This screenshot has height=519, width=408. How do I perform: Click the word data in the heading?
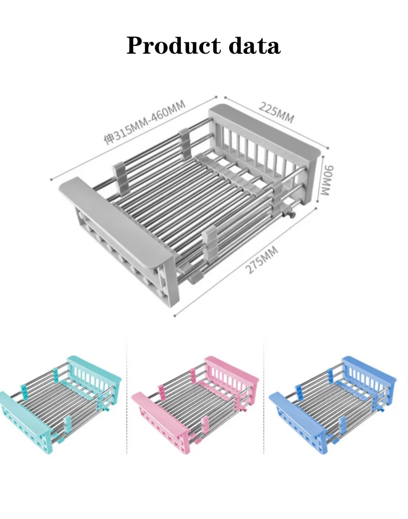point(255,45)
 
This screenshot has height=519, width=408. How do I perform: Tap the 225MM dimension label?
point(276,112)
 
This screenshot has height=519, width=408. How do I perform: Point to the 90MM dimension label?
point(326,181)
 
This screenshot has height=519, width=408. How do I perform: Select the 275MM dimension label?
point(262,260)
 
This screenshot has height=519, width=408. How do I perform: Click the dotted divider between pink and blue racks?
point(264,397)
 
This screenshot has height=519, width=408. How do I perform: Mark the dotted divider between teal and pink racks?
point(127,397)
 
